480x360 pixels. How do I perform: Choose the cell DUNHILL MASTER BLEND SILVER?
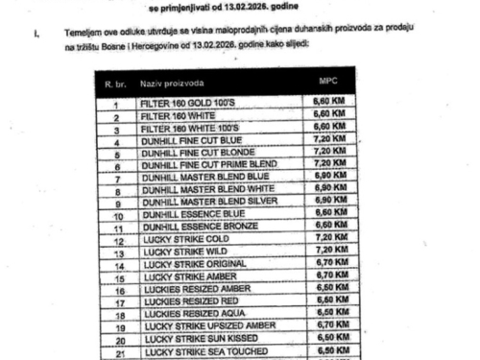(x=200, y=200)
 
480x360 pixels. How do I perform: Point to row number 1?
(x=115, y=105)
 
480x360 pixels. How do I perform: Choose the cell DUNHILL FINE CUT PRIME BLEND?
(x=201, y=164)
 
